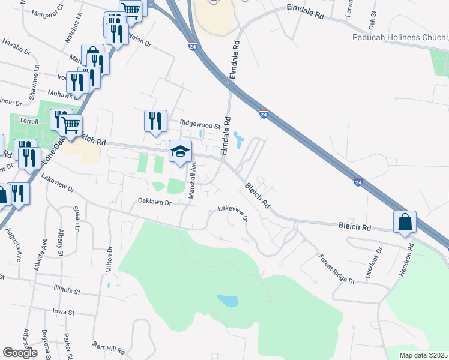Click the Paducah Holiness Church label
399,37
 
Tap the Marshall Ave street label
193,179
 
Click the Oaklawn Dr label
155,202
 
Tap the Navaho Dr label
17,47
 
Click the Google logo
20,353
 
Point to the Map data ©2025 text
423,355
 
